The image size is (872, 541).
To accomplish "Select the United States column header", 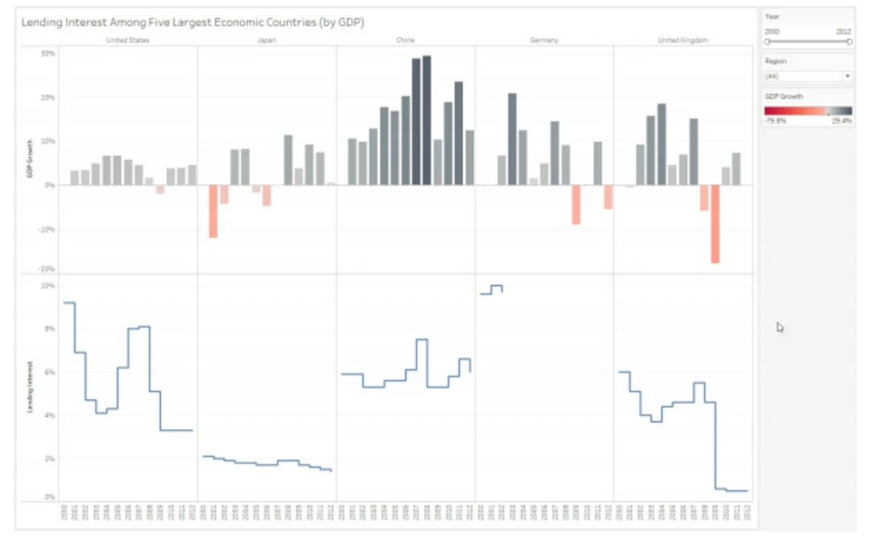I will [x=128, y=40].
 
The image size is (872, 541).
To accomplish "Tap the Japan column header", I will [x=267, y=40].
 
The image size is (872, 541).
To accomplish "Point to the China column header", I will [x=406, y=40].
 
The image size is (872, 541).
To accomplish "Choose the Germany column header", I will [x=544, y=40].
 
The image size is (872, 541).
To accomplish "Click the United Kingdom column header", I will [x=683, y=40].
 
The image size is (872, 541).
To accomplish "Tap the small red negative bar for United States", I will [x=159, y=190].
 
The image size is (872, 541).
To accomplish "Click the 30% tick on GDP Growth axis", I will [x=47, y=53].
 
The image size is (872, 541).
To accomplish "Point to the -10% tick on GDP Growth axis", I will [x=47, y=229].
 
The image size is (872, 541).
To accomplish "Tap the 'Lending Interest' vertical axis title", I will [x=29, y=386].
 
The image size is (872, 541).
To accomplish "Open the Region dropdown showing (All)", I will [x=808, y=76].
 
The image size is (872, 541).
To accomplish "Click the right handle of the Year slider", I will [x=850, y=42].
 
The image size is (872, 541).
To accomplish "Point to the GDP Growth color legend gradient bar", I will [x=808, y=110].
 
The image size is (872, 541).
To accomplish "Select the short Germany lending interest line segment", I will [x=492, y=289].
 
